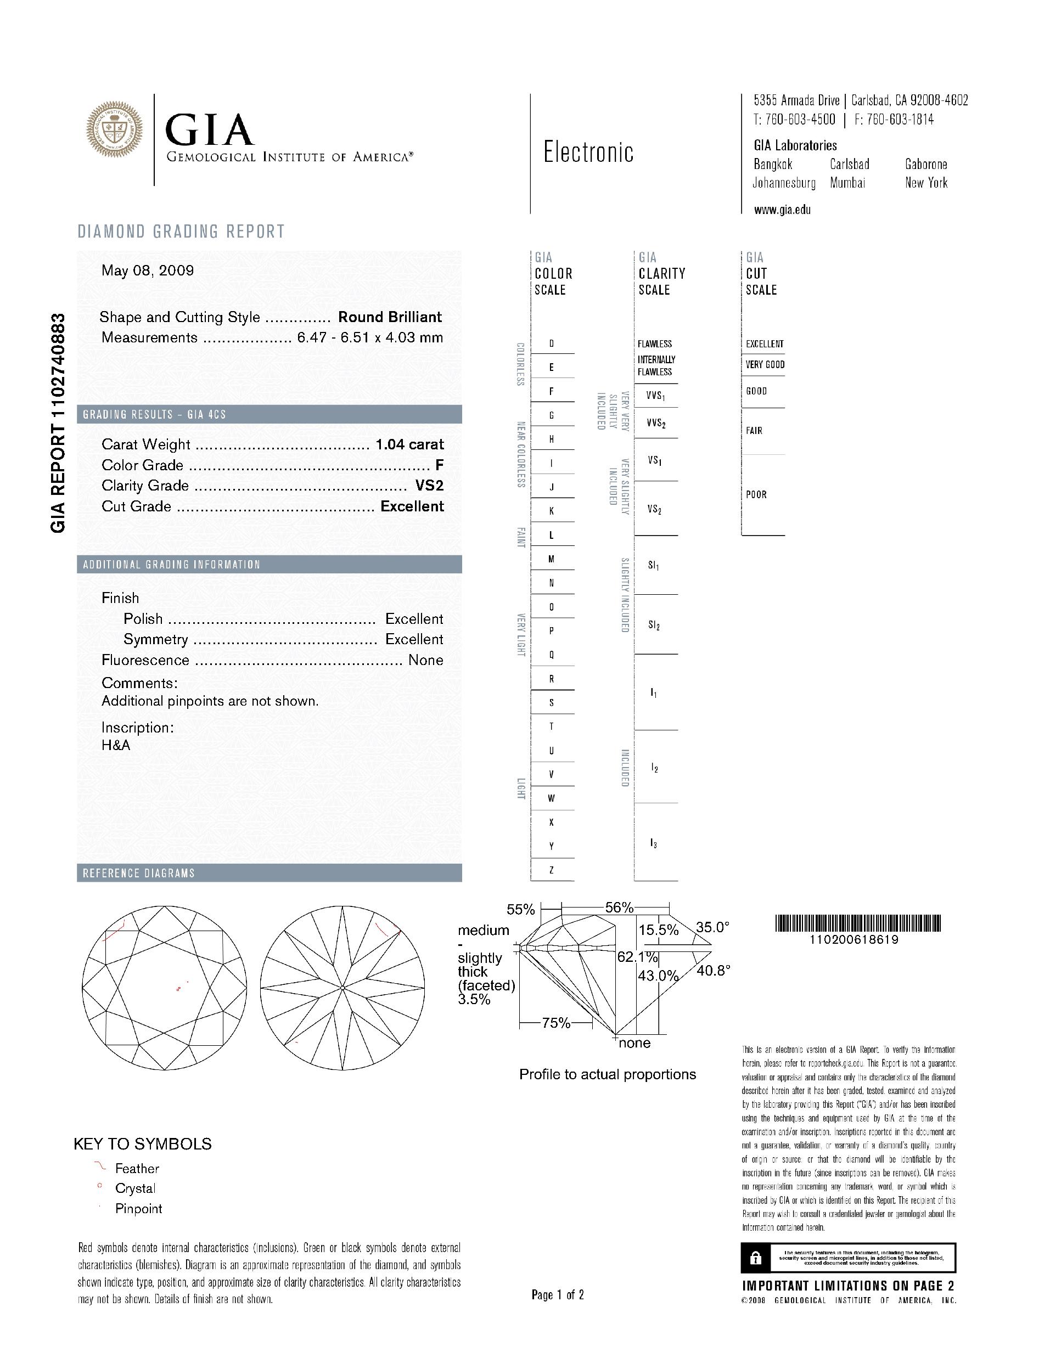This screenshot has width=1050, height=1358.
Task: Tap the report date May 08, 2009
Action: click(148, 271)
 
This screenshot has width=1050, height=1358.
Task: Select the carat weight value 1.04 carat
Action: click(409, 444)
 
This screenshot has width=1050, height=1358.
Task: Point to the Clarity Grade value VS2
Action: click(429, 486)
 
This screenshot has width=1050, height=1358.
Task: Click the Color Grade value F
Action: click(440, 465)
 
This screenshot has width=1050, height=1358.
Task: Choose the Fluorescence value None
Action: click(425, 661)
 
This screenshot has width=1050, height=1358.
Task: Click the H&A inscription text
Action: click(116, 745)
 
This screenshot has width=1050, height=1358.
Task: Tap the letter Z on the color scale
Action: click(551, 870)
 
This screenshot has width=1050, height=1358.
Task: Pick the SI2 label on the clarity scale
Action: click(654, 625)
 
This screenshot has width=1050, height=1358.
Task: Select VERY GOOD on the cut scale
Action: click(765, 365)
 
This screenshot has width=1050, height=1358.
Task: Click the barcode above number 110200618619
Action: click(858, 923)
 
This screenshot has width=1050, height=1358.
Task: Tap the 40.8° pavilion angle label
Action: click(713, 970)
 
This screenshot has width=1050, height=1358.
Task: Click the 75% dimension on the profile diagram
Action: click(556, 1023)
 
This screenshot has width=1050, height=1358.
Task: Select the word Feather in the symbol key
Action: click(137, 1169)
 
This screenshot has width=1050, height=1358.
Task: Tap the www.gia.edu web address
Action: click(782, 210)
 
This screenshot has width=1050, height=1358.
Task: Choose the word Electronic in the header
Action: click(588, 153)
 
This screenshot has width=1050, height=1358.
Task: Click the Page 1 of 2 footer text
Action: click(557, 1295)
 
